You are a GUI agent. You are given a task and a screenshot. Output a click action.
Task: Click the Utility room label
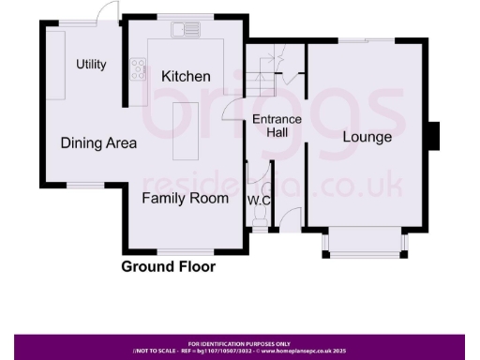pyautogui.click(x=91, y=65)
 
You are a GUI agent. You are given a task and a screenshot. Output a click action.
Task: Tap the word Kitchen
pyautogui.click(x=186, y=76)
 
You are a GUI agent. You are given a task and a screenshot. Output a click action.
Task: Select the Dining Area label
pyautogui.click(x=98, y=143)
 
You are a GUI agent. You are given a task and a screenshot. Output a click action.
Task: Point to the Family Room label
pyautogui.click(x=186, y=199)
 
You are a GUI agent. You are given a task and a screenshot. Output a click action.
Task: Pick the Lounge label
pyautogui.click(x=367, y=139)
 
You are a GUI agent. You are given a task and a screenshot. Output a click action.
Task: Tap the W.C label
pyautogui.click(x=259, y=200)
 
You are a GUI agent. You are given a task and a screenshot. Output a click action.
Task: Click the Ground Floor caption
pyautogui.click(x=168, y=266)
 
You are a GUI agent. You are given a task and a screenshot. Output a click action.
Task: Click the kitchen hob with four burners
pyautogui.click(x=139, y=68)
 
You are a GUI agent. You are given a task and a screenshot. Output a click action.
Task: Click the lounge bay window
pyautogui.click(x=366, y=246)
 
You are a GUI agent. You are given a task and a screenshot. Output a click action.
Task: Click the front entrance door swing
pyautogui.click(x=292, y=221)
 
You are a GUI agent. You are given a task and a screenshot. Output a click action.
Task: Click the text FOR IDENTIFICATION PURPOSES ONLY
pyautogui.click(x=239, y=344)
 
